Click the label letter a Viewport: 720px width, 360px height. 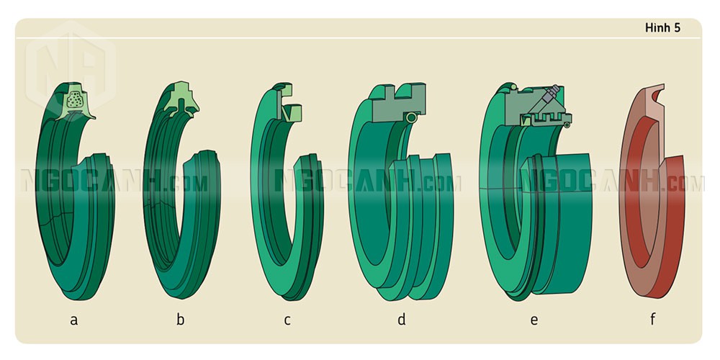(73, 320)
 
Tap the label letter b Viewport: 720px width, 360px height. (181, 319)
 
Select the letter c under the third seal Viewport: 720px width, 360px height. (287, 320)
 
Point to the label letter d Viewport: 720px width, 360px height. (402, 319)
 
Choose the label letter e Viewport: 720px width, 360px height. (534, 320)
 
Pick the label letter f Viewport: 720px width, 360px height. (652, 319)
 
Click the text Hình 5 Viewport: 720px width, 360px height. (662, 28)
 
